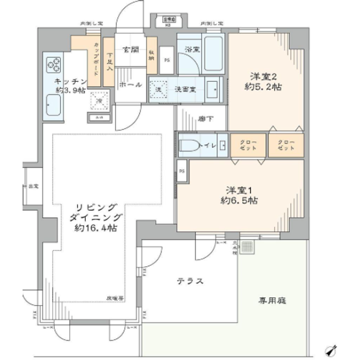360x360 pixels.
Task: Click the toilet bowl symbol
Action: [x=189, y=146]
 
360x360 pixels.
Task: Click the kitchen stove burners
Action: [x=53, y=64]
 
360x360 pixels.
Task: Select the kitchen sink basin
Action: [x=53, y=104]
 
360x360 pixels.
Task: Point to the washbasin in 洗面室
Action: [x=213, y=90]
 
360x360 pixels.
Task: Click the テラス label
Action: [x=190, y=281]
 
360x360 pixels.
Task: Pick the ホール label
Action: [x=130, y=84]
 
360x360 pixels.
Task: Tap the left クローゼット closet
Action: [x=247, y=145]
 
